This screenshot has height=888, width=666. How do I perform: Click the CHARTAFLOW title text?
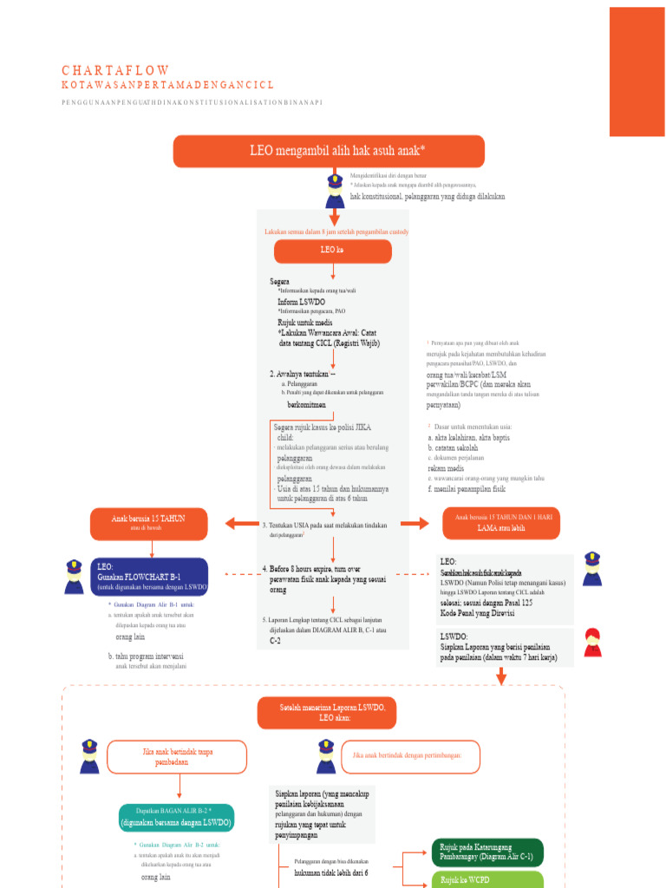tap(115, 70)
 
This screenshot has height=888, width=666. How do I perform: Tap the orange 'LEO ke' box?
tap(333, 251)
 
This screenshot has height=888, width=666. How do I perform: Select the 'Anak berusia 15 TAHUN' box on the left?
tap(148, 522)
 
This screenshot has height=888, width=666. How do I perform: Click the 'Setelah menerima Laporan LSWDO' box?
tap(326, 713)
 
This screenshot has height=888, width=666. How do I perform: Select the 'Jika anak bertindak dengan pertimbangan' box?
tap(411, 756)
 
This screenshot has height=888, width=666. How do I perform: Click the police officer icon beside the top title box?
tap(335, 191)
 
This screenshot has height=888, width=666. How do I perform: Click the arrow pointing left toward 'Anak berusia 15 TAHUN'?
tap(241, 522)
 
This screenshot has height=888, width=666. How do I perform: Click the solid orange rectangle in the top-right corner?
tap(637, 71)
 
